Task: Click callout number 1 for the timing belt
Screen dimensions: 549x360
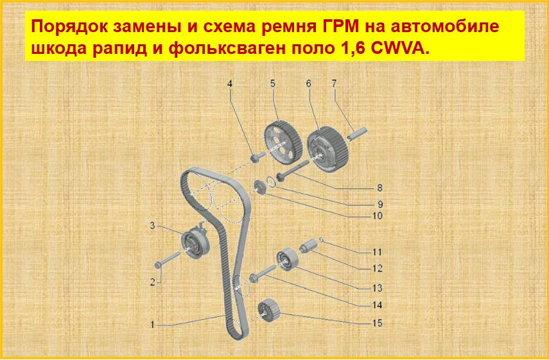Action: tap(152, 325)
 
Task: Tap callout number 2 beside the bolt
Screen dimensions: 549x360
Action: tap(152, 282)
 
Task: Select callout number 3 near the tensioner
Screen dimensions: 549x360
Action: tap(152, 226)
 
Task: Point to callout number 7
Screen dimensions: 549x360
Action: tap(334, 83)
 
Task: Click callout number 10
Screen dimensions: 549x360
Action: tap(378, 216)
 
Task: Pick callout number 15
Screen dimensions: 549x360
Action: tap(377, 323)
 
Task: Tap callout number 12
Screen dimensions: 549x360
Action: tap(377, 269)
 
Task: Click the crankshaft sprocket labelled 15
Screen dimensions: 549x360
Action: tap(269, 311)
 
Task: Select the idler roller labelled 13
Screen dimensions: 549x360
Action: tap(287, 260)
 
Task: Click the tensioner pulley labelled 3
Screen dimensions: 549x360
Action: tap(195, 242)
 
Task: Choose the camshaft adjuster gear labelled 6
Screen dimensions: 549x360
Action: tap(328, 149)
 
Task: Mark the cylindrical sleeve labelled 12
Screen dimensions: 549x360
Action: tap(308, 245)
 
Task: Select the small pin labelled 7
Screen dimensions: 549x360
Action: tap(357, 134)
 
